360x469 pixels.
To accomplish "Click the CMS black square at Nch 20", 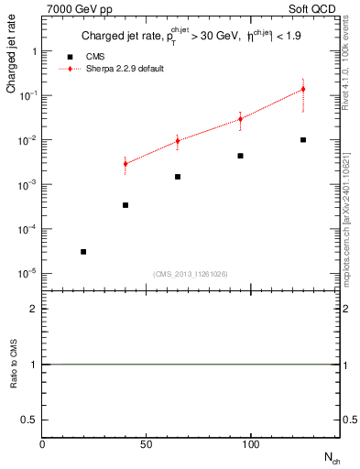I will pyautogui.click(x=83, y=251).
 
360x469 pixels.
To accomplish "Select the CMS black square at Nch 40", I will pyautogui.click(x=125, y=205).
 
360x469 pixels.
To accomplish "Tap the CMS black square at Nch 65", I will pyautogui.click(x=178, y=177).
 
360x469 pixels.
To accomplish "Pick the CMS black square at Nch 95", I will pyautogui.click(x=240, y=156).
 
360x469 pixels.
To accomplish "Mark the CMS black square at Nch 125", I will pyautogui.click(x=303, y=140).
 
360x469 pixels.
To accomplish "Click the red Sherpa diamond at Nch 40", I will pyautogui.click(x=125, y=164).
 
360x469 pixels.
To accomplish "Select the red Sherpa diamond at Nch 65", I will pyautogui.click(x=178, y=141).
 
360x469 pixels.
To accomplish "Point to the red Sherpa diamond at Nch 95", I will pyautogui.click(x=240, y=119).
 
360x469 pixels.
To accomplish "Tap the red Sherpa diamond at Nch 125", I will pyautogui.click(x=303, y=89).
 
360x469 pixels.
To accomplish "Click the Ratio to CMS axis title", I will pyautogui.click(x=12, y=365).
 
